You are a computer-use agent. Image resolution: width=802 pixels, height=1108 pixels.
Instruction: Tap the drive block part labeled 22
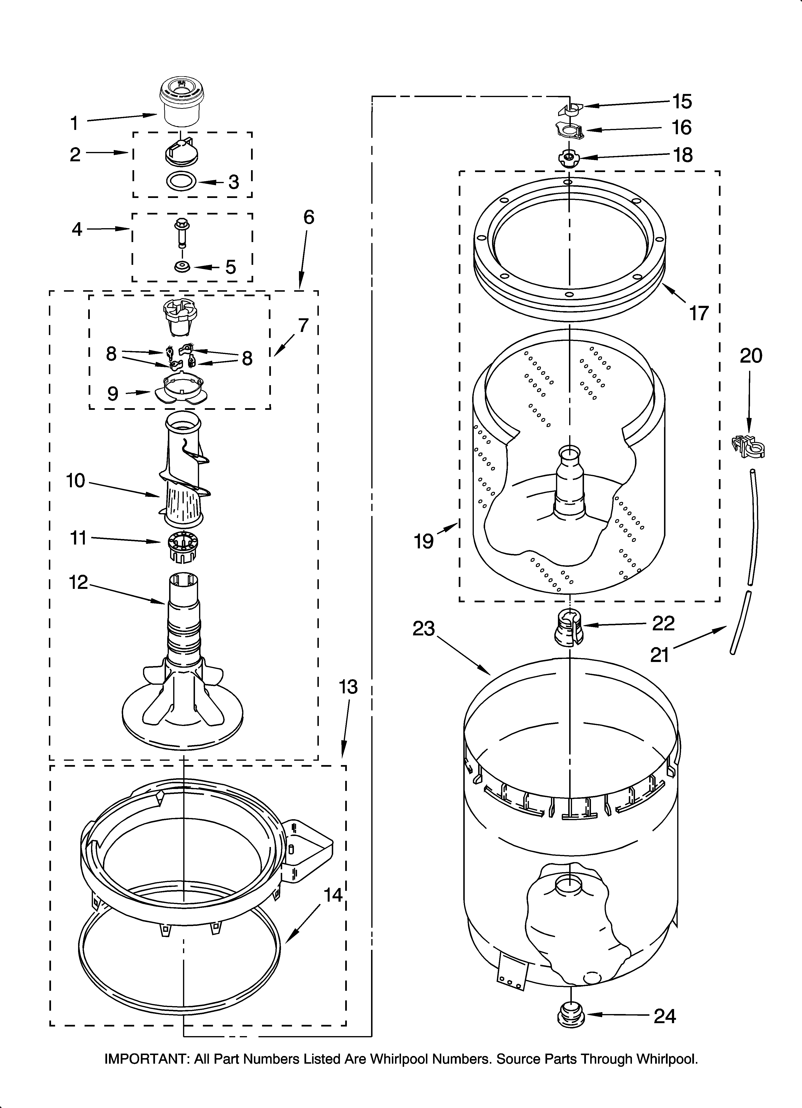point(567,629)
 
